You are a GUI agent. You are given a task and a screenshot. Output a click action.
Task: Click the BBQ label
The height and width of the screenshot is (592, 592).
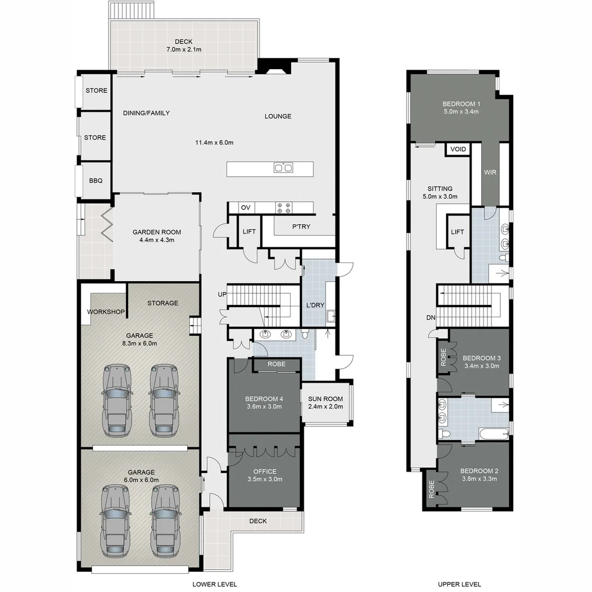(x=96, y=181)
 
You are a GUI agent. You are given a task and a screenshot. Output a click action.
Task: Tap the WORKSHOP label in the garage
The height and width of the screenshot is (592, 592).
(x=106, y=312)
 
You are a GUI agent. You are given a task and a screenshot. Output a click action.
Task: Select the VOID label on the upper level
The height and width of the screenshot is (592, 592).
(x=458, y=149)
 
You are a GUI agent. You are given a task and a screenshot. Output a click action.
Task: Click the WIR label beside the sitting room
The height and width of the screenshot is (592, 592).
(x=490, y=172)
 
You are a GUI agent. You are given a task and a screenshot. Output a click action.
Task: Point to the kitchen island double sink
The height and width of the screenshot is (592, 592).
(x=283, y=167)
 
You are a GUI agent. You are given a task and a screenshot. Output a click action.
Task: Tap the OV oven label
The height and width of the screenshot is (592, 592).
(x=246, y=208)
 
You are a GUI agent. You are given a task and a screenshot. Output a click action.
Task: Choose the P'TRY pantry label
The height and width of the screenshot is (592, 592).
(x=301, y=226)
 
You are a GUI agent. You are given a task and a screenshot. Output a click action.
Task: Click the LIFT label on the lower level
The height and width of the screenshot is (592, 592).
(x=249, y=231)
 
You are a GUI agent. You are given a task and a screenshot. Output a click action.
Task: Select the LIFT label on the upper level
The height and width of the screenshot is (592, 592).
(x=457, y=232)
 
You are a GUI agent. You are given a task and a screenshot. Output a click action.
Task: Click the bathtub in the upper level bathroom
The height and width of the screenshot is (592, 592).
(x=494, y=434)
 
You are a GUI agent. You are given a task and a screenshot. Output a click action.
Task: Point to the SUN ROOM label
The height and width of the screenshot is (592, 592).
(x=326, y=399)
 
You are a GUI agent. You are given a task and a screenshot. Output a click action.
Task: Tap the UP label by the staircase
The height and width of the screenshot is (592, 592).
(x=222, y=294)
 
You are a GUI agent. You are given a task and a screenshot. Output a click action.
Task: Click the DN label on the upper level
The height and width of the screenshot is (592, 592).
(x=431, y=317)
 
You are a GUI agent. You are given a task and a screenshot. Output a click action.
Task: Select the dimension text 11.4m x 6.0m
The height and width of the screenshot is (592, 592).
(x=214, y=143)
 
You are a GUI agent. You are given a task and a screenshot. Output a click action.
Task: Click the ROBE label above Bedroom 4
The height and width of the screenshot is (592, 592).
(x=276, y=364)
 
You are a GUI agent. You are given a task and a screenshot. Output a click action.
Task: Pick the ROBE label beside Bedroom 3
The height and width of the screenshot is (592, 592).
(x=443, y=357)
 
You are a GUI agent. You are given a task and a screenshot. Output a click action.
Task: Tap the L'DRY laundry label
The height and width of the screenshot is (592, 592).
(x=315, y=305)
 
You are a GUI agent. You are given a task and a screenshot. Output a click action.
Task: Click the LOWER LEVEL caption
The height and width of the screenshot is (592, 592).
(x=214, y=584)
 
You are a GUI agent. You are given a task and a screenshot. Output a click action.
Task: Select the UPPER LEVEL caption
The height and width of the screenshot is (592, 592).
(x=459, y=584)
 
